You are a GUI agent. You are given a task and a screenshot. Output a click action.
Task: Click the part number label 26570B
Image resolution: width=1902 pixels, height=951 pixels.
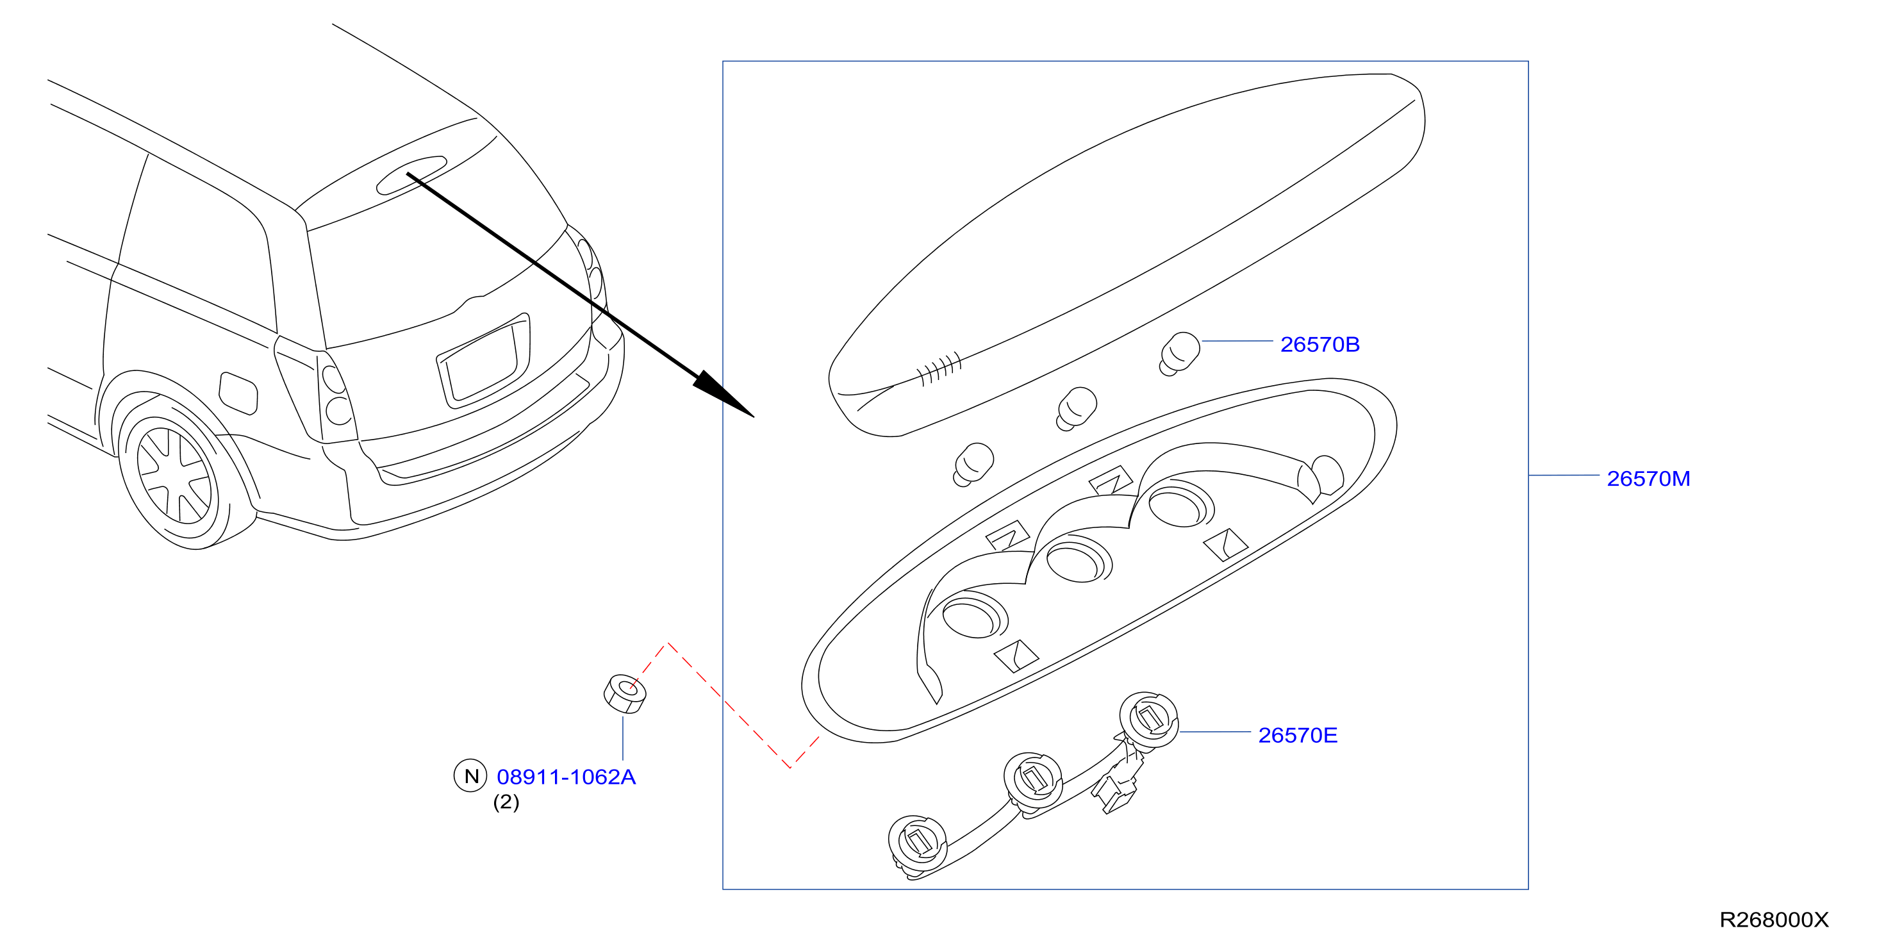1319,345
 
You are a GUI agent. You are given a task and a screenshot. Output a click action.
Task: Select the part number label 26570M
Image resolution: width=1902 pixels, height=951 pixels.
1648,479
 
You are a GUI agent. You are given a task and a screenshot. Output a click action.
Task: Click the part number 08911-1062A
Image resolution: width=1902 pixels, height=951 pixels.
566,777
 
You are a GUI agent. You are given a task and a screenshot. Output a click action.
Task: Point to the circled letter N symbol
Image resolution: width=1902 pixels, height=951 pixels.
470,776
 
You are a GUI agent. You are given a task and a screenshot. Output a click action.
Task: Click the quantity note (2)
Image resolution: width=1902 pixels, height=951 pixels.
506,802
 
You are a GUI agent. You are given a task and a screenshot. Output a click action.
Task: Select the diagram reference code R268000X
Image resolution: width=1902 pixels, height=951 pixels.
1774,920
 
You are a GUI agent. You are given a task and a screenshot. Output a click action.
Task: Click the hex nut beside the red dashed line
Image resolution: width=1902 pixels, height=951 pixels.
625,693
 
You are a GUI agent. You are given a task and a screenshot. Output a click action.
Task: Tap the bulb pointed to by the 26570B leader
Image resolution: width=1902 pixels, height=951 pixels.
1179,354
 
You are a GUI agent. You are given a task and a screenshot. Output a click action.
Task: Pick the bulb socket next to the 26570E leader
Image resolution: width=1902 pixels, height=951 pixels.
1148,720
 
